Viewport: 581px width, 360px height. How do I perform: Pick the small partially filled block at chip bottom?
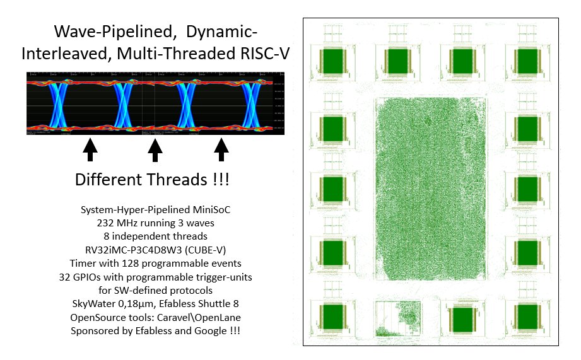pos(398,320)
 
